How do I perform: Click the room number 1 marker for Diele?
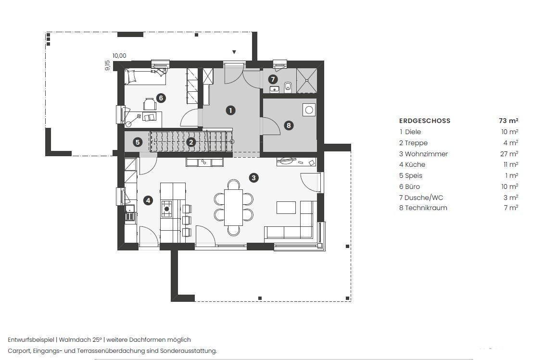tap(231, 110)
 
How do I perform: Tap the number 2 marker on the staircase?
tap(191, 142)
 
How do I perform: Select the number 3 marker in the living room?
tap(253, 178)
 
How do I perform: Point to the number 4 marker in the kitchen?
tap(148, 200)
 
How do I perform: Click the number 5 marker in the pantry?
tap(138, 142)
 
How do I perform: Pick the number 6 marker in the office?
tap(161, 98)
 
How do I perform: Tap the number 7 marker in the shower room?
tap(273, 79)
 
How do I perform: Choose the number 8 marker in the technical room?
tap(289, 125)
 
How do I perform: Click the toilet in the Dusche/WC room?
tap(288, 87)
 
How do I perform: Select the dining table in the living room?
tap(233, 208)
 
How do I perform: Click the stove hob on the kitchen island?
tap(166, 209)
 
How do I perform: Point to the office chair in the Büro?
tap(149, 103)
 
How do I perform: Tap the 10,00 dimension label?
tap(119, 55)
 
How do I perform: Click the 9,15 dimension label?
tap(108, 65)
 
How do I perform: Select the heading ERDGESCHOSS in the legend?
tap(425, 121)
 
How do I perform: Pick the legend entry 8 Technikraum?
tap(423, 208)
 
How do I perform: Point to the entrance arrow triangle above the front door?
tap(234, 52)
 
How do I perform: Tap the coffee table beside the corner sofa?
tap(286, 208)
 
